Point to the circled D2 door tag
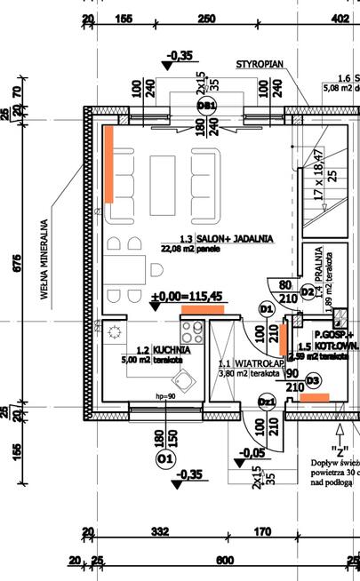point(307,290)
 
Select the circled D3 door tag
point(312,380)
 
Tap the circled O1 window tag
point(164,459)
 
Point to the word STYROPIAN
point(260,65)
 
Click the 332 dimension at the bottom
point(160,531)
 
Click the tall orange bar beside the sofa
point(108,163)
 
